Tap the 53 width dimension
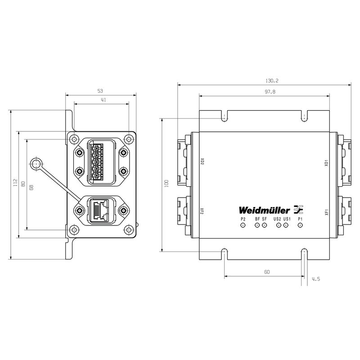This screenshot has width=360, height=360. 100,91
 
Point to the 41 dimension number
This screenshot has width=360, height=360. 103,100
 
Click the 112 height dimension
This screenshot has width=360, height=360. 15,184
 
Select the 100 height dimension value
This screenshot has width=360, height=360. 166,184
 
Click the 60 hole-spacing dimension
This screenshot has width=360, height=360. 267,272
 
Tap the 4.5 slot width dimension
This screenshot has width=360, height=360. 315,279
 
